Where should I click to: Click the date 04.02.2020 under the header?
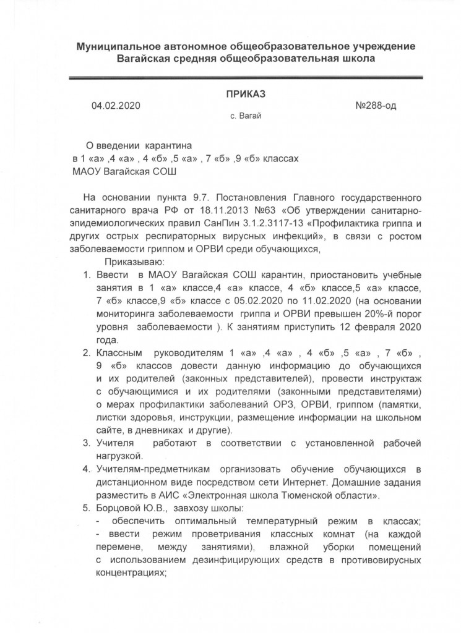(x=116, y=105)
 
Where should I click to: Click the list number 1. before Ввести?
(x=87, y=275)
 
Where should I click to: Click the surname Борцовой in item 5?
(x=121, y=508)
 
